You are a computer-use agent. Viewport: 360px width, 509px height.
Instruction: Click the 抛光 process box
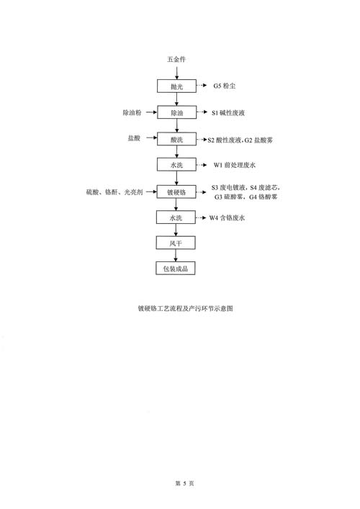[x=176, y=86]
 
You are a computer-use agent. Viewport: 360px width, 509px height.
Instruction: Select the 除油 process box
[x=176, y=112]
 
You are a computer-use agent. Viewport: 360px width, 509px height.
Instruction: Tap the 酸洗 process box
[x=176, y=139]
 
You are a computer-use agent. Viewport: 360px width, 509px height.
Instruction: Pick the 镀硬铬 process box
[x=176, y=192]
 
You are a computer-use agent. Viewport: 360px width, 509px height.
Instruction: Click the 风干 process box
[x=176, y=243]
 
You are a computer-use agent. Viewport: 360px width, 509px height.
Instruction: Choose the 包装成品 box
[x=175, y=268]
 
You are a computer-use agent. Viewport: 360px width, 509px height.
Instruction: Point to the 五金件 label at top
[x=176, y=59]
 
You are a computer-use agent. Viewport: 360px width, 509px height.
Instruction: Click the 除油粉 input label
[x=132, y=112]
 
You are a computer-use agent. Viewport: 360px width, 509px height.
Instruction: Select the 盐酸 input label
[x=134, y=138]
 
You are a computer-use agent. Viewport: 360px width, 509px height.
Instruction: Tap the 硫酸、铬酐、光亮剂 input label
[x=114, y=192]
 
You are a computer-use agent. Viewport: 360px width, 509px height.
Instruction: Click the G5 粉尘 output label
[x=225, y=86]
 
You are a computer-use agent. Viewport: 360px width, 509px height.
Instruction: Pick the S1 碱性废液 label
[x=228, y=112]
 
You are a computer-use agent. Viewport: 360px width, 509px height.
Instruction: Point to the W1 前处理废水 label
[x=235, y=165]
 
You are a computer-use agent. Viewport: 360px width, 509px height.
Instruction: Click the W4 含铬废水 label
[x=227, y=218]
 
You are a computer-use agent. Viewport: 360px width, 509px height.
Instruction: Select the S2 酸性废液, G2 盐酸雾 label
[x=240, y=140]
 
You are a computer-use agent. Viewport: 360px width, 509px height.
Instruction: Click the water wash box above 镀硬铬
[x=176, y=165]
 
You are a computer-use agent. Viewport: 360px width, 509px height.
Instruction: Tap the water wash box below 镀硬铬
[x=176, y=217]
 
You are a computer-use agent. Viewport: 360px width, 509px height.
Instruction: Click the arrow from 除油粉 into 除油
[x=152, y=112]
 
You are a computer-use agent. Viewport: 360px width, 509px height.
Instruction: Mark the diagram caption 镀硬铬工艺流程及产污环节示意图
[x=185, y=308]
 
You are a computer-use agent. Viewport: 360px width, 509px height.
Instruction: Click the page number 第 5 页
[x=184, y=483]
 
